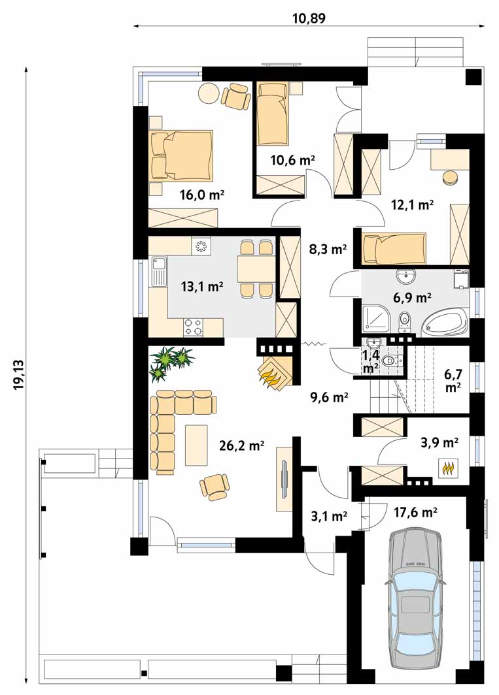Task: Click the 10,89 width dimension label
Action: coord(309,18)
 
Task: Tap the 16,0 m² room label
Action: coord(201,195)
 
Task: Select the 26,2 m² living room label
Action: coord(242,445)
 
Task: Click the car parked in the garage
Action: coord(415,604)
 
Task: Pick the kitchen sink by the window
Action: coord(158,272)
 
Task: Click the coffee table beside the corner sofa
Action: coord(196,445)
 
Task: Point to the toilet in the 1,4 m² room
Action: coord(392,361)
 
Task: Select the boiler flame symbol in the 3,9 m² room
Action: coord(447,468)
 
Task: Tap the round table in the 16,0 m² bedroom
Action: coord(208,94)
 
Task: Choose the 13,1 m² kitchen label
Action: coord(202,287)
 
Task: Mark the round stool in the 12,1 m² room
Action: coord(451,177)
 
